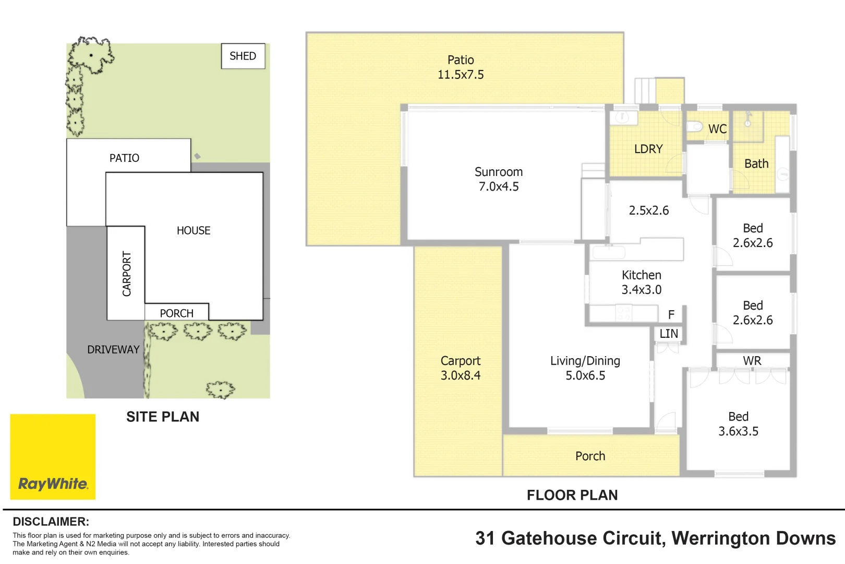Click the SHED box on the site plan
click(243, 56)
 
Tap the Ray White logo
click(53, 457)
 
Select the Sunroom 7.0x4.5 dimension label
click(499, 179)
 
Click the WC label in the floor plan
click(718, 129)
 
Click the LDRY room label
click(648, 149)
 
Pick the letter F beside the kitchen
click(671, 315)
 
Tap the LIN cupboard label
click(669, 334)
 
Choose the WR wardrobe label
click(752, 361)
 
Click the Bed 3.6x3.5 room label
click(738, 424)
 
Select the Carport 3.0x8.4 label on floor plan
click(461, 368)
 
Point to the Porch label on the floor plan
click(590, 456)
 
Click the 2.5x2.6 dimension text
click(649, 210)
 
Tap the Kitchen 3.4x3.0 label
click(642, 282)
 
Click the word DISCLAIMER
click(51, 522)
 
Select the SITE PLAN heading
click(163, 417)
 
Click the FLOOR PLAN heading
click(572, 495)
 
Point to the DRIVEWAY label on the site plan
click(113, 349)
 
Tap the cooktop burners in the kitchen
click(623, 313)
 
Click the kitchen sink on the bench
click(609, 252)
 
